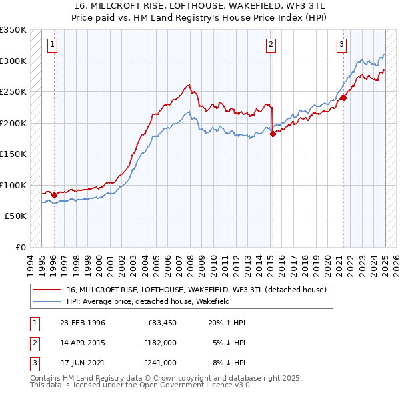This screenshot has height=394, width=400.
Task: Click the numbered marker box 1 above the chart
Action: pos(52,45)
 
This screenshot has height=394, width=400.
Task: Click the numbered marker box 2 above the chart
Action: pos(271,45)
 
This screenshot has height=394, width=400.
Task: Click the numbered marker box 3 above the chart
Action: pos(341,45)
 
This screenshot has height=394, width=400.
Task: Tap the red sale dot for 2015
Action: pos(273,134)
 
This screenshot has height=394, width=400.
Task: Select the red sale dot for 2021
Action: pos(344,97)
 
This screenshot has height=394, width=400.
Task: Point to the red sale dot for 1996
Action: pos(54,195)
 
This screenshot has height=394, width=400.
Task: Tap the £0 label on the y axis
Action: pos(20,247)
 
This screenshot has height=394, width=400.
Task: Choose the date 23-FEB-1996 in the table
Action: pos(82,323)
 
